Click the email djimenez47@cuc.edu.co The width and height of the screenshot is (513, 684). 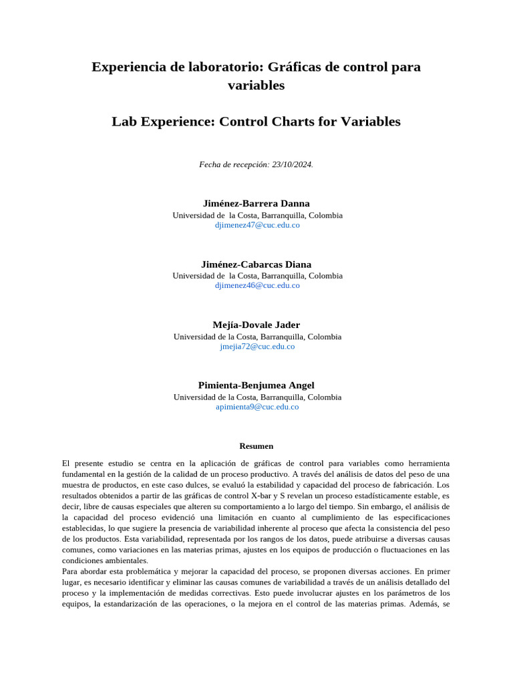tap(257, 225)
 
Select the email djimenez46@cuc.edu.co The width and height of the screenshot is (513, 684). tap(257, 285)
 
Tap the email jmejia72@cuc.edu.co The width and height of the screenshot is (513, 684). tap(257, 347)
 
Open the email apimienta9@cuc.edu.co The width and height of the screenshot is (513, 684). tap(257, 407)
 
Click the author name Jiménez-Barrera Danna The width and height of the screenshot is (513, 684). tap(256, 203)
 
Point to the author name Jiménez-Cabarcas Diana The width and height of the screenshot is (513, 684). tap(256, 264)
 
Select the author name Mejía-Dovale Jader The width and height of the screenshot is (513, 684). tap(256, 325)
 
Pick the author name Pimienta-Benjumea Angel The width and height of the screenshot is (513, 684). tap(256, 385)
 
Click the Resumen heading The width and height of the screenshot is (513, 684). tap(256, 446)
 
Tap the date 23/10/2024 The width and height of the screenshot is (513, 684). tap(291, 164)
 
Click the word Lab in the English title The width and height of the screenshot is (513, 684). tap(124, 122)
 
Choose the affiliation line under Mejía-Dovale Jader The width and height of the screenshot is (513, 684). tap(257, 337)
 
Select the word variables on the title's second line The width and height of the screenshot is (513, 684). tap(256, 85)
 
